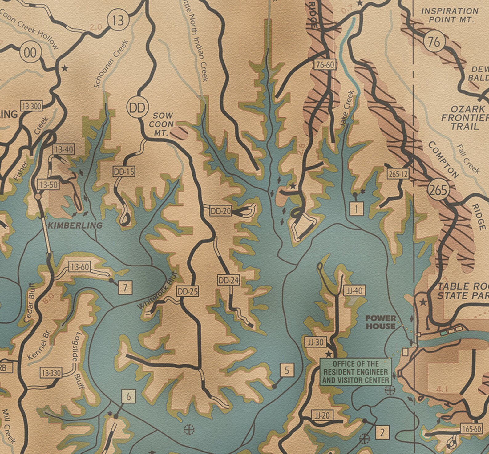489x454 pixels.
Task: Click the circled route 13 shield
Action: point(118,21)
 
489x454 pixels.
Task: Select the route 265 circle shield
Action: point(438,190)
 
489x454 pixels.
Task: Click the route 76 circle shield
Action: point(434,42)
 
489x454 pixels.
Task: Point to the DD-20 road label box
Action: point(220,211)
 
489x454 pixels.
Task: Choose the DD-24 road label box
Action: point(228,280)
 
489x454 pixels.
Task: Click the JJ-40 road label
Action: point(354,291)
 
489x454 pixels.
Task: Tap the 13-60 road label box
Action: point(80,267)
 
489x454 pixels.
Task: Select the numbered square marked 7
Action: point(125,288)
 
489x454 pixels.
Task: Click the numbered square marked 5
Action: point(287,370)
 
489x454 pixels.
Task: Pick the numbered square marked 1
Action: point(357,209)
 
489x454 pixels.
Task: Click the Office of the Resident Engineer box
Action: point(356,372)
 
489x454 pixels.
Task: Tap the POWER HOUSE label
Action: point(381,322)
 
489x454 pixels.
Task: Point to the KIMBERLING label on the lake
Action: point(75,225)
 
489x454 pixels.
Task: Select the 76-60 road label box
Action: point(325,65)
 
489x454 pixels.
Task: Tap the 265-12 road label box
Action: point(398,174)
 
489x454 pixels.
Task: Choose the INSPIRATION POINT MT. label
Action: point(450,15)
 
